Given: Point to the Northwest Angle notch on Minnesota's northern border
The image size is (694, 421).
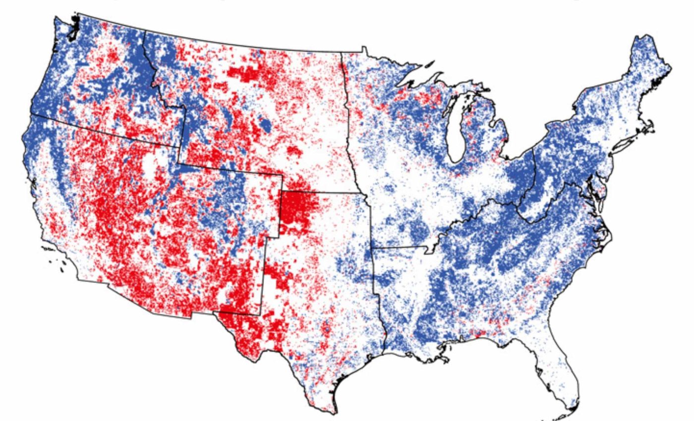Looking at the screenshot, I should pos(364,49).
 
